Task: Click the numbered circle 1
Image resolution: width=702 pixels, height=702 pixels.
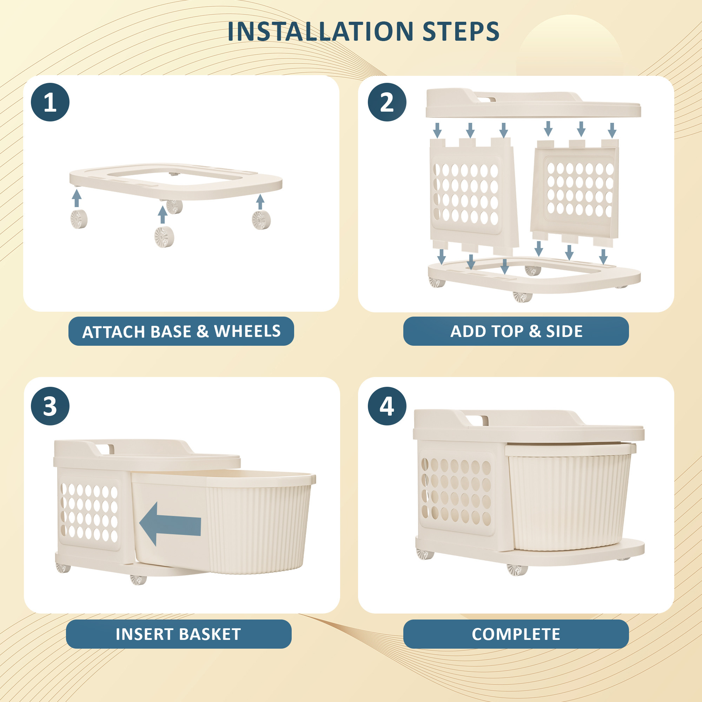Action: [x=50, y=102]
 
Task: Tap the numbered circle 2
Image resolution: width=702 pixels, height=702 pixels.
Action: [x=386, y=102]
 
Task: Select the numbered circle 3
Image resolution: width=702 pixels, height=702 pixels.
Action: [x=50, y=406]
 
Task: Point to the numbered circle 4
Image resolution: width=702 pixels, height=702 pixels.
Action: [x=386, y=406]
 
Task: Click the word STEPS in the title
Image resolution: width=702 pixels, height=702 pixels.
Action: [x=461, y=32]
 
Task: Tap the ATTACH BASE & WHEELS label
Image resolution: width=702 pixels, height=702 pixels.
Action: [x=181, y=331]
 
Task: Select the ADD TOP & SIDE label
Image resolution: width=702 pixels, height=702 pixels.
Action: [x=516, y=331]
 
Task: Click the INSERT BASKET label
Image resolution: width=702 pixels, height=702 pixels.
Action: [x=178, y=634]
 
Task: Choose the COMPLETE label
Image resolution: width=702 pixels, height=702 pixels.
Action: [x=516, y=634]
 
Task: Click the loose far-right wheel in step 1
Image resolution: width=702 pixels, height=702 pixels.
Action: [x=261, y=220]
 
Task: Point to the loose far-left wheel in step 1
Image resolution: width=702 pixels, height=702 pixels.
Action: [x=79, y=219]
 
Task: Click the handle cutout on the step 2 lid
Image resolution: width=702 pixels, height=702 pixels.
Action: [x=486, y=99]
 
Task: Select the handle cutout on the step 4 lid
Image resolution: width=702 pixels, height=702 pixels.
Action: [x=477, y=420]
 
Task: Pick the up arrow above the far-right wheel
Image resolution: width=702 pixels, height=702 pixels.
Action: [x=260, y=202]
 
